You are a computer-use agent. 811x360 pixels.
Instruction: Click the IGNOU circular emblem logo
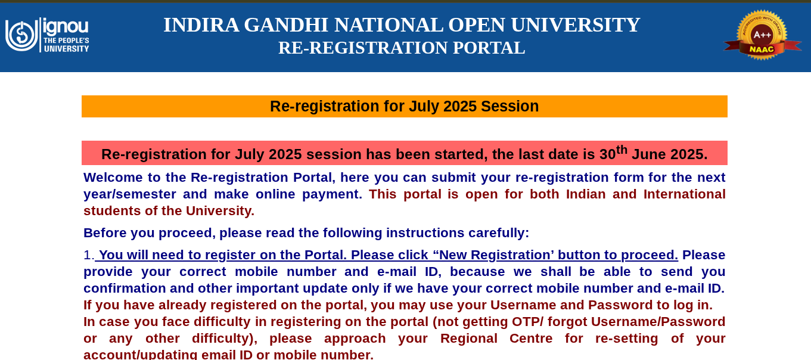click(x=21, y=35)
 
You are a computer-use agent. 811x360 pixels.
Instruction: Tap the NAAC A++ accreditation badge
click(x=763, y=35)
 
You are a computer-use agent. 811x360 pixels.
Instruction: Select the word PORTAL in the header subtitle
click(x=489, y=48)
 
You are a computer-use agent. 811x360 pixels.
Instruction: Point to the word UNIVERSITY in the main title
click(x=575, y=25)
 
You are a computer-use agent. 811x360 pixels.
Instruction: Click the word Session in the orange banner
click(x=509, y=106)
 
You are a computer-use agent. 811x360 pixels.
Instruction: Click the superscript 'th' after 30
click(x=622, y=149)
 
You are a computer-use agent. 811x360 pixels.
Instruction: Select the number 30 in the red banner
click(x=608, y=154)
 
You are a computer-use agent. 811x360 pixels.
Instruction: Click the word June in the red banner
click(x=648, y=154)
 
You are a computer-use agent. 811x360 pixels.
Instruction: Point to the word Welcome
click(x=113, y=178)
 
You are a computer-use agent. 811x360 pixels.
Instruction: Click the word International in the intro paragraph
click(x=684, y=194)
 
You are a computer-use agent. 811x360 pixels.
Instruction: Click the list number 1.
click(x=89, y=255)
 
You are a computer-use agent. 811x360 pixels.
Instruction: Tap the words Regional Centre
click(x=496, y=339)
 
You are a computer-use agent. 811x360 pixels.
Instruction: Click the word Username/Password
click(x=658, y=322)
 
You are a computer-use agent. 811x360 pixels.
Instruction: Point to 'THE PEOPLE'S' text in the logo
click(x=66, y=41)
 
